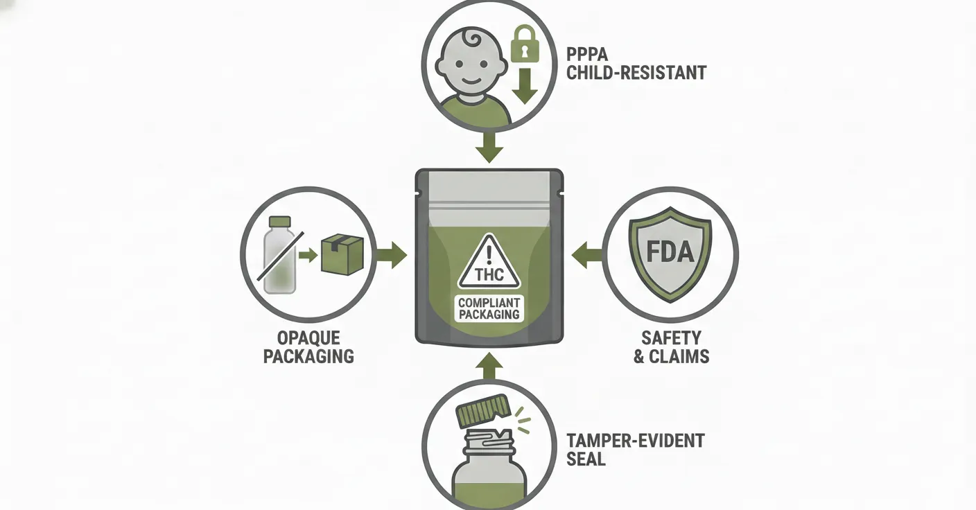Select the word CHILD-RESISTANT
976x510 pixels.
pyautogui.click(x=636, y=72)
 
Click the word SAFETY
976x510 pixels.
pyautogui.click(x=670, y=339)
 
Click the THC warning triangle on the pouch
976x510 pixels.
pyautogui.click(x=489, y=264)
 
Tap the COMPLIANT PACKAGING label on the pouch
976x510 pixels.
pyautogui.click(x=489, y=308)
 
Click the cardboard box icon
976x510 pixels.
pyautogui.click(x=342, y=254)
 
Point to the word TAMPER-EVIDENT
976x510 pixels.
pyautogui.click(x=635, y=441)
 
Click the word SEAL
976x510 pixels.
pyautogui.click(x=586, y=459)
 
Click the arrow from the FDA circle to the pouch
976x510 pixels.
pyautogui.click(x=586, y=255)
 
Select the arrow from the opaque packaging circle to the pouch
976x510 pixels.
pyautogui.click(x=392, y=255)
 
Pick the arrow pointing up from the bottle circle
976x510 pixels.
pyautogui.click(x=490, y=365)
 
